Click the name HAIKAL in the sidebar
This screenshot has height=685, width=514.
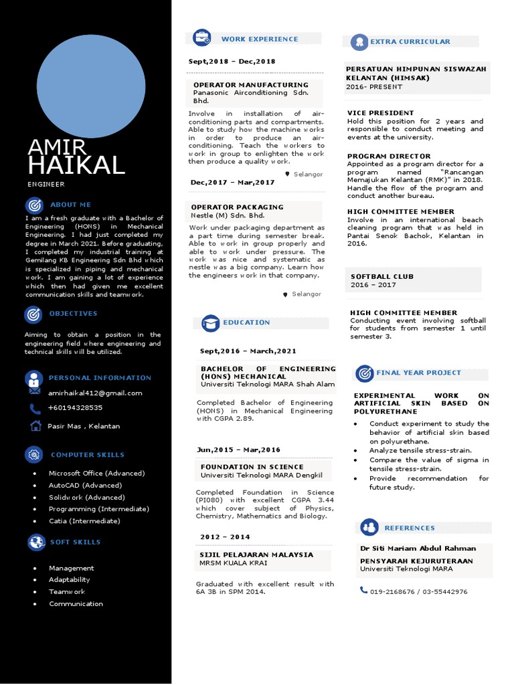point(76,165)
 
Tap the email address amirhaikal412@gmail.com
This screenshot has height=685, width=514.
point(95,393)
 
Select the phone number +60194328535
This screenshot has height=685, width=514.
point(76,407)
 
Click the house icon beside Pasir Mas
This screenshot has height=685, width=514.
point(35,425)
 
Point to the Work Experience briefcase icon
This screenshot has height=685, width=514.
point(201,38)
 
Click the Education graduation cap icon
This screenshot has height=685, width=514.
point(210,323)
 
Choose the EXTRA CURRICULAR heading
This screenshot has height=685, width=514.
point(410,41)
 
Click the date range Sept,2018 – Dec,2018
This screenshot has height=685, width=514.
point(232,62)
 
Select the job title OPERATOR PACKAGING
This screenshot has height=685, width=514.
point(237,207)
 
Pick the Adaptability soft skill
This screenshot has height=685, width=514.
point(69,580)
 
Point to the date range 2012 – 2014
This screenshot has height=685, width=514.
point(225,536)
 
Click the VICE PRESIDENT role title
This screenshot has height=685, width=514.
point(380,113)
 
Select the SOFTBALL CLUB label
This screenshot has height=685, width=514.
point(381,276)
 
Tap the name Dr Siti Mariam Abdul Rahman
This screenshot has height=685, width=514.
point(418,549)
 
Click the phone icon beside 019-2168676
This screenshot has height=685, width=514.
point(363,590)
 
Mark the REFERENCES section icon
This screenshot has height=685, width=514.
point(369,527)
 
